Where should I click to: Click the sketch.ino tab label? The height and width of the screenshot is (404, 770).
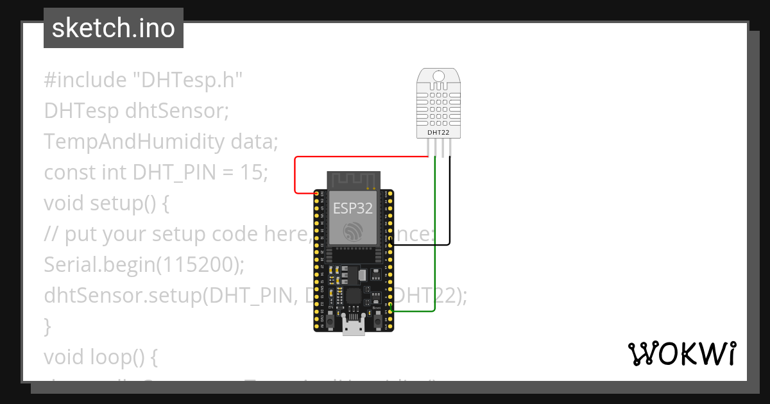114,28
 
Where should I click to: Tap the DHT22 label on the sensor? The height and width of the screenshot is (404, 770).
438,133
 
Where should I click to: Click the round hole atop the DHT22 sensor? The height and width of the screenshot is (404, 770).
439,76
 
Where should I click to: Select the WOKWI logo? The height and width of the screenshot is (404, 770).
682,353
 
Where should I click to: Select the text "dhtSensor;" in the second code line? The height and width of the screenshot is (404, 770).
177,111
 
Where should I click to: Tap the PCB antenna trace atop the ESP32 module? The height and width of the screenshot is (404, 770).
353,181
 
